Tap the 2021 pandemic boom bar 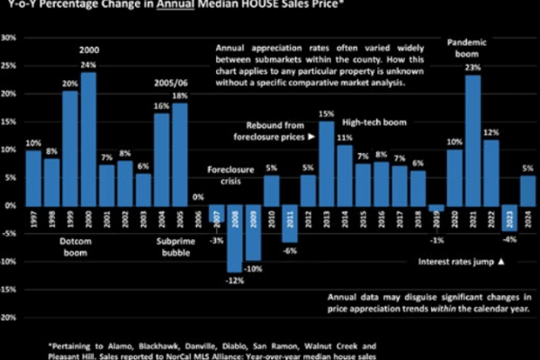(472, 140)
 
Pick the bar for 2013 (327, 163)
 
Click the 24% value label (89, 65)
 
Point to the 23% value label (472, 67)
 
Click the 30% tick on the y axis (9, 39)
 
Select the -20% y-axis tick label (9, 318)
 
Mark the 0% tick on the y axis (11, 206)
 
